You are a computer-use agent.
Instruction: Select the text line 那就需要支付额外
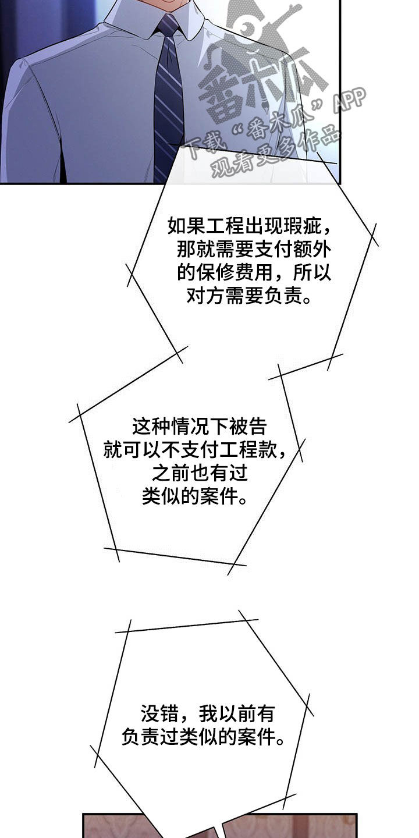(x=254, y=249)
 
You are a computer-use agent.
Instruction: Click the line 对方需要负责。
(x=250, y=296)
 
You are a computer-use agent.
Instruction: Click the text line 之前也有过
(x=200, y=473)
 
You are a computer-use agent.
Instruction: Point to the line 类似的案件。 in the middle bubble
(x=195, y=497)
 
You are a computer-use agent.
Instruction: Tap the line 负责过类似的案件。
(x=203, y=737)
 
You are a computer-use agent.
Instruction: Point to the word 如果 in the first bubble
(x=187, y=226)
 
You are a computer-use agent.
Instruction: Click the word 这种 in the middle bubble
(x=151, y=426)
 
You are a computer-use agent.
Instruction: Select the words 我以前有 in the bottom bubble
(x=236, y=713)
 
